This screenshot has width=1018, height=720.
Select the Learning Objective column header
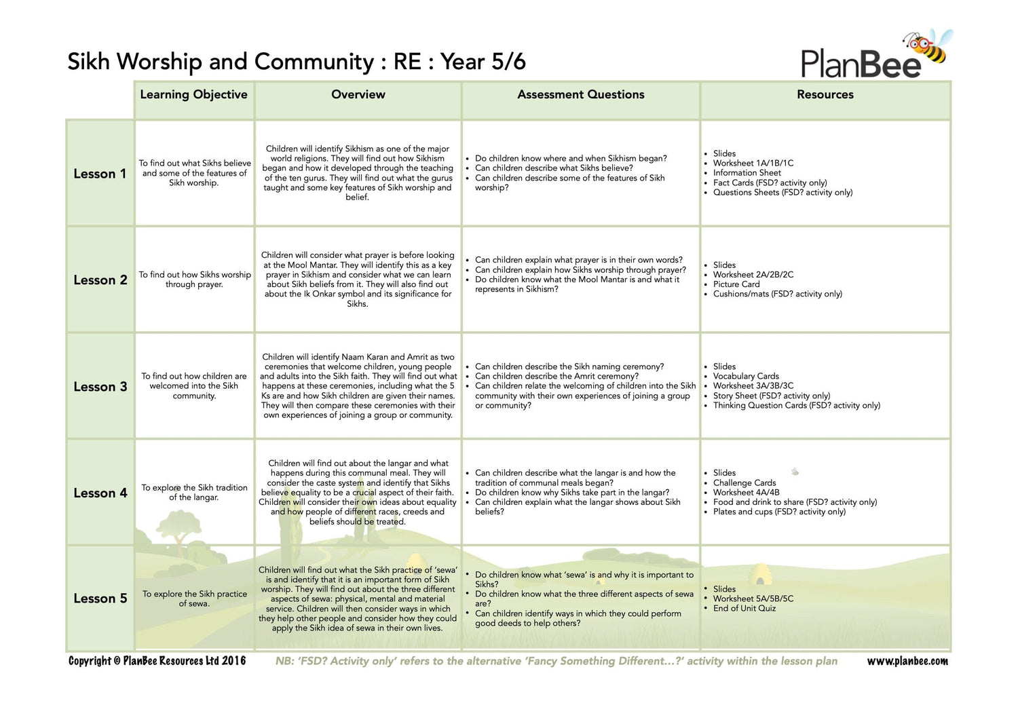tap(193, 94)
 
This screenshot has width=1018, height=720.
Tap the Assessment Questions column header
tap(580, 94)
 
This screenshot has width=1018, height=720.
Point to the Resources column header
tap(825, 94)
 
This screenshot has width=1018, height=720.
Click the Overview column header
tap(358, 94)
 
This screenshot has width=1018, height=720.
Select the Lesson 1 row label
tap(100, 174)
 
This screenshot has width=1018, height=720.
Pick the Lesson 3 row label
tap(100, 387)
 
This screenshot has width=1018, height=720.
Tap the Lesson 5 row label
tap(100, 599)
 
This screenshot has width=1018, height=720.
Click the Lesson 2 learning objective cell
tap(195, 280)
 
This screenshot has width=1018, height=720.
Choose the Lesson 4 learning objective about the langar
tap(194, 493)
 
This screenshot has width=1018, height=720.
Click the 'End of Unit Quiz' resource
tap(744, 609)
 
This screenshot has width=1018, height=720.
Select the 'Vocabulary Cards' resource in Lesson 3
tap(745, 376)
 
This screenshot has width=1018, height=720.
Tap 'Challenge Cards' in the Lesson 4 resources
tap(744, 482)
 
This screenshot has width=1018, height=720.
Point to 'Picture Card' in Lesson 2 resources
tap(736, 284)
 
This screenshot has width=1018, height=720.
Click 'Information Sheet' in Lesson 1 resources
tap(747, 173)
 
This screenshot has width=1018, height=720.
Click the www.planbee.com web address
tap(907, 661)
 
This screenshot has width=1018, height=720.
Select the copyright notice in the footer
tap(157, 661)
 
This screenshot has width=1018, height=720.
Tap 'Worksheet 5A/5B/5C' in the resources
tap(753, 599)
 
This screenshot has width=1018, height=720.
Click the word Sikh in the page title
tap(88, 62)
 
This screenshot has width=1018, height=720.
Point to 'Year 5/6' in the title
tap(483, 62)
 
